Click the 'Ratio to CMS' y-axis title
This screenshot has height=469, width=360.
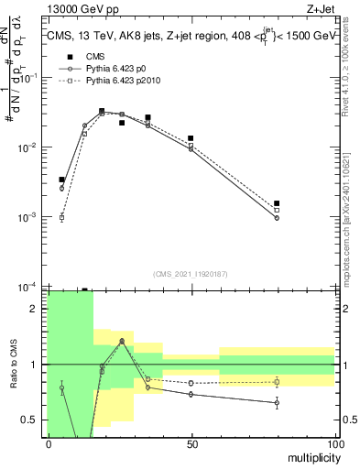click(x=14, y=365)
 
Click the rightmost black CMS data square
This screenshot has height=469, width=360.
click(x=277, y=203)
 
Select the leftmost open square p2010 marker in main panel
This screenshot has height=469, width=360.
click(x=62, y=218)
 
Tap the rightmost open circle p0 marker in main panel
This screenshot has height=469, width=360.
click(x=277, y=218)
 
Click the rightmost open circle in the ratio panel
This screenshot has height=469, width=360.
click(x=277, y=402)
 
